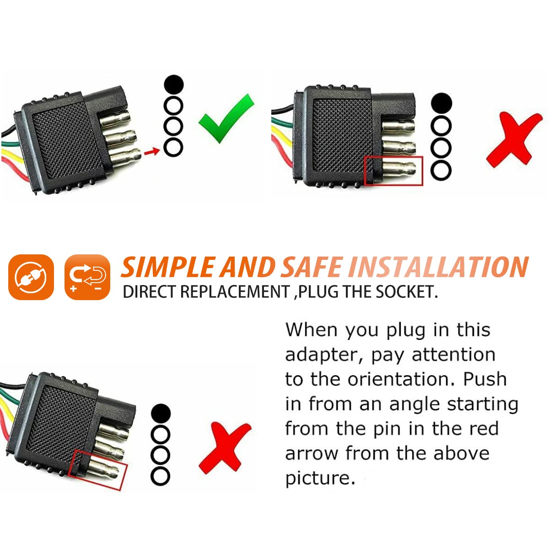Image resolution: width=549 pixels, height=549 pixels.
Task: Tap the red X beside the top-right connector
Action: (513, 140)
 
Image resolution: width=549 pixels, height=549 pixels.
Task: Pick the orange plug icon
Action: (31, 277)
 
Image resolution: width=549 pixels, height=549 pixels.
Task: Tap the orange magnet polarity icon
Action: (87, 277)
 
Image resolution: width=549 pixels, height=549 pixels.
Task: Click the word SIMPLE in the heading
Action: (168, 267)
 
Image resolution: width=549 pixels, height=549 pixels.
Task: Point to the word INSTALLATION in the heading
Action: (439, 267)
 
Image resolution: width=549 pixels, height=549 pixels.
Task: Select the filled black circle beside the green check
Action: (173, 84)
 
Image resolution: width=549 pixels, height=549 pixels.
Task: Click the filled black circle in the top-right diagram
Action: (441, 103)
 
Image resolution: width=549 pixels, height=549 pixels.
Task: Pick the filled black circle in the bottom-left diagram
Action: (161, 413)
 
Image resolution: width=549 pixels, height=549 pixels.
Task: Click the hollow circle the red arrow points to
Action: (173, 148)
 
